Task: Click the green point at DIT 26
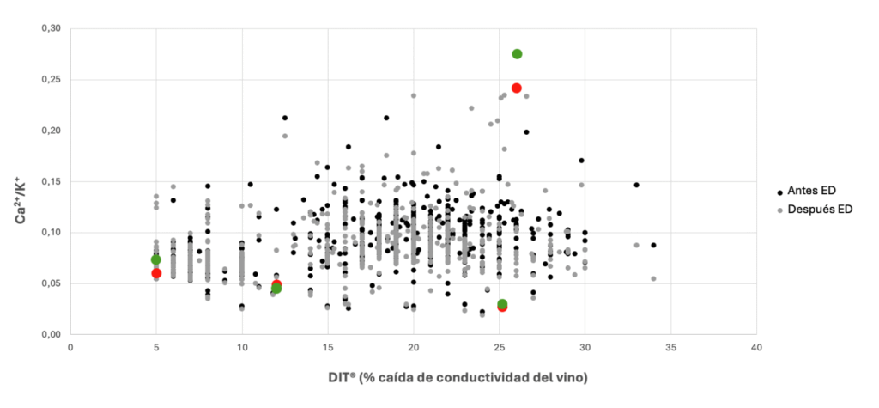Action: click(517, 54)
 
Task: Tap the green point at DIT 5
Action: click(156, 259)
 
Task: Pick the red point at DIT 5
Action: click(156, 273)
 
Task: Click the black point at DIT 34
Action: click(653, 245)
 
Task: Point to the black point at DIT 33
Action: click(636, 185)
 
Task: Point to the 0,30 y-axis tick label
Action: click(52, 29)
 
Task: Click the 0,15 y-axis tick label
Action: click(52, 181)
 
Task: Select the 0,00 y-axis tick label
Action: click(52, 334)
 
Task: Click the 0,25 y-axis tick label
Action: click(52, 80)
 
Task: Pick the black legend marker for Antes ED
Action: click(779, 191)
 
